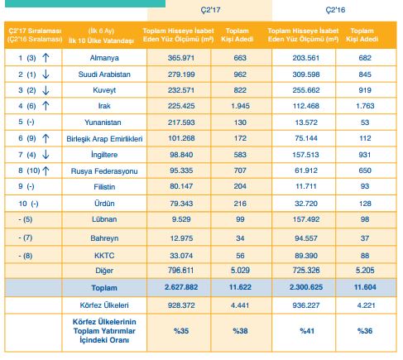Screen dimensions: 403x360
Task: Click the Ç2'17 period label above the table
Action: coord(210,10)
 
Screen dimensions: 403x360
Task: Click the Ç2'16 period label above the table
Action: coord(335,10)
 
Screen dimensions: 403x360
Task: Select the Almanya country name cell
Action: coord(104,58)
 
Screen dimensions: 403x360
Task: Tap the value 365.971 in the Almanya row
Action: coord(181,58)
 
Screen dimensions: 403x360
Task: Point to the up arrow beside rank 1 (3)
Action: coord(46,58)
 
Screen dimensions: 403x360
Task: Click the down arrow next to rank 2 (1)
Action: coord(46,74)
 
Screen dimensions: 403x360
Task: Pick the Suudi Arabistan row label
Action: coord(104,74)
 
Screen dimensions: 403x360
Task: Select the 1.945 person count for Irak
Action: coord(240,106)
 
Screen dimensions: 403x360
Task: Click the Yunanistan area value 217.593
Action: coord(181,122)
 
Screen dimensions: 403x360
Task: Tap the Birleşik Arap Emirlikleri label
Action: coord(104,138)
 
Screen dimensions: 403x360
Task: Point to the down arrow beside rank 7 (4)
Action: coord(46,155)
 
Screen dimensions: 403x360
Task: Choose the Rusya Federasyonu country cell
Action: coord(104,171)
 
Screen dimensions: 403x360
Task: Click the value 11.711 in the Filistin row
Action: coord(306,186)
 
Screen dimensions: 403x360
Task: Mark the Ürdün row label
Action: coord(104,204)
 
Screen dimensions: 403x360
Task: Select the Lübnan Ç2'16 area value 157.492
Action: coord(306,219)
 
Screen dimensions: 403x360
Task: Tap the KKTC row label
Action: coord(104,256)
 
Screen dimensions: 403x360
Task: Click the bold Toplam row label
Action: coord(104,288)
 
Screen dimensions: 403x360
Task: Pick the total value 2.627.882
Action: coord(181,287)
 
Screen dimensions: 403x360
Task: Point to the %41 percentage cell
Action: coord(307,331)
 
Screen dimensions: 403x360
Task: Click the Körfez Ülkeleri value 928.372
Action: coord(181,305)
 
